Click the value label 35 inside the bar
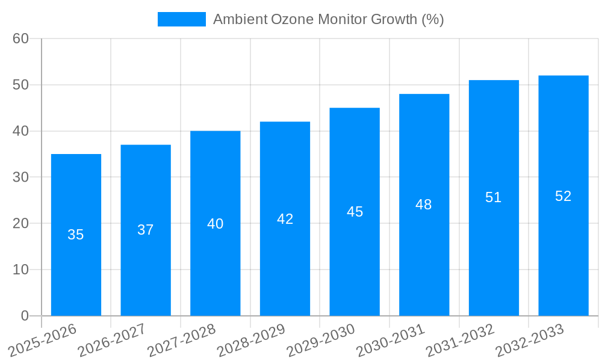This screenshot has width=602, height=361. click(x=76, y=235)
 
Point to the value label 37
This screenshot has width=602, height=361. click(x=146, y=230)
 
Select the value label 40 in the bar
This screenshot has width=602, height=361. click(x=216, y=224)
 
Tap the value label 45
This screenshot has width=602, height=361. click(x=355, y=212)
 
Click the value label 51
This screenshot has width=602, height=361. click(x=494, y=197)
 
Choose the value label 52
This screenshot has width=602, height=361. click(x=563, y=196)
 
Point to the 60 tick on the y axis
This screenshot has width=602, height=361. click(x=20, y=39)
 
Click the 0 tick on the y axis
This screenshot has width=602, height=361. click(x=25, y=316)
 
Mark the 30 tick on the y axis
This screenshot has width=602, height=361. click(x=20, y=177)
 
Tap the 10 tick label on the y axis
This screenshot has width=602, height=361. click(x=20, y=270)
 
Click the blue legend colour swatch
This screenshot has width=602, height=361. click(x=181, y=19)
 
